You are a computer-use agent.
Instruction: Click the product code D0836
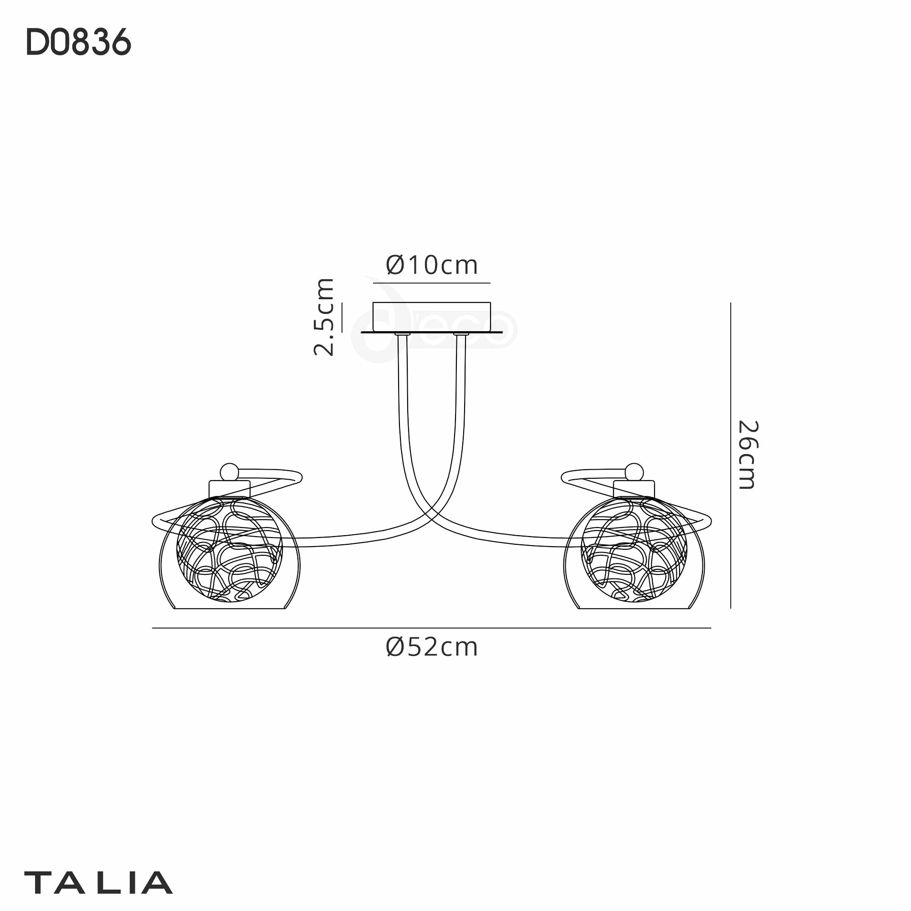coord(78,42)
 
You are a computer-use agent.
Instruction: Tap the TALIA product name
coord(98,883)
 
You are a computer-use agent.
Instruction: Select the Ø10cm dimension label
coord(431,265)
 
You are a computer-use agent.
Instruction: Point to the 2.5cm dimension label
coord(324,317)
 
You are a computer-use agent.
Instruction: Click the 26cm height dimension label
coord(747,455)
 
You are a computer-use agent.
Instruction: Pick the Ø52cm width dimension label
coord(431,647)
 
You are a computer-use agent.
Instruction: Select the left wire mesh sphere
coord(229,550)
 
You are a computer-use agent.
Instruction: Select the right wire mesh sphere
coord(634,550)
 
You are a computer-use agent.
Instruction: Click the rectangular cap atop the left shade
coord(230,488)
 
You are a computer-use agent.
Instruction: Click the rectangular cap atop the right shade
coord(634,488)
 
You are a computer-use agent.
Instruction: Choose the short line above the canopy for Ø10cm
coord(431,283)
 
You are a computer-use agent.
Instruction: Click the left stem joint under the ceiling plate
coord(403,334)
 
